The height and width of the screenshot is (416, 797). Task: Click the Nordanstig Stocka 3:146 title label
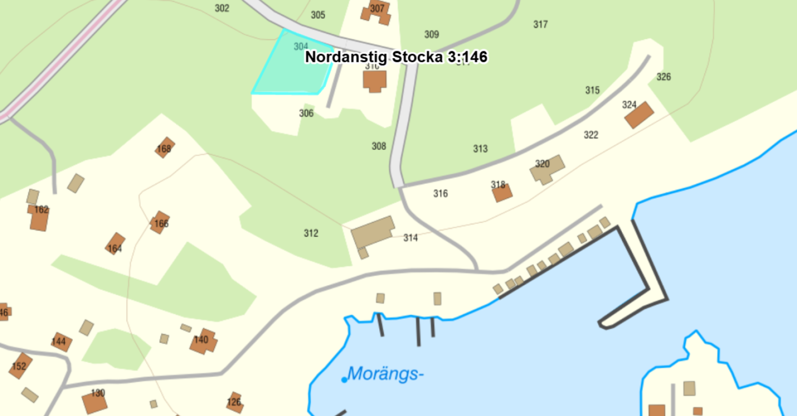396,57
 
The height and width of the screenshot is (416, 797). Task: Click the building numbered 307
376,13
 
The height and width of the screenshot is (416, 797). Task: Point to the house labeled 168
164,147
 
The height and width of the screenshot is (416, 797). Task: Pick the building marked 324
639,115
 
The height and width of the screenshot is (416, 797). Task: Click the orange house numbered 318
502,192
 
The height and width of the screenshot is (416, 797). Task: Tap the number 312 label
311,233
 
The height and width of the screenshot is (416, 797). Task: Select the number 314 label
410,238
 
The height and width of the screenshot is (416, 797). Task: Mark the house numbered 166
160,222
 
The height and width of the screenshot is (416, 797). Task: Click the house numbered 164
115,244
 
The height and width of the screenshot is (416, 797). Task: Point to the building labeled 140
203,341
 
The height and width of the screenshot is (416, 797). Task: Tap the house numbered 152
20,366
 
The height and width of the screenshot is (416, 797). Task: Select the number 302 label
222,8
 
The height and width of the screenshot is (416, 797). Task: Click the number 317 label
540,24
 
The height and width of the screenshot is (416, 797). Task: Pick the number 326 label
664,77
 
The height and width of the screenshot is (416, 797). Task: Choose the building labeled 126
235,402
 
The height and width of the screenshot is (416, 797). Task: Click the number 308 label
379,146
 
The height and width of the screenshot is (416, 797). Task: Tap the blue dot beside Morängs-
344,380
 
